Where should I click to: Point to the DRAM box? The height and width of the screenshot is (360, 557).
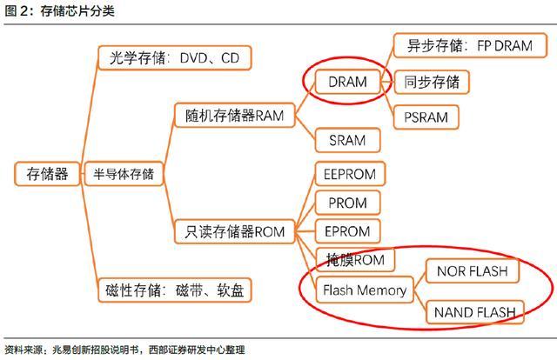pos(347,83)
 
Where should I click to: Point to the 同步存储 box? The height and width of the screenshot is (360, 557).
pos(432,83)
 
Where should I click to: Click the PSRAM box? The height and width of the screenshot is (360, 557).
pos(426,116)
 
